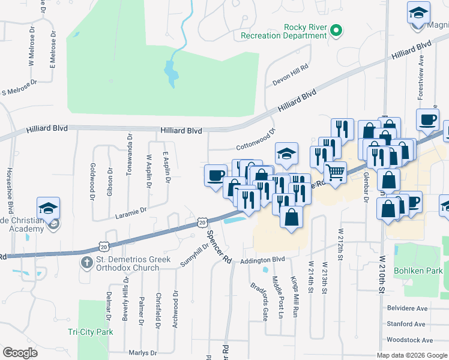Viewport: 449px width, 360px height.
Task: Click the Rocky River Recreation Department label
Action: coord(283,31)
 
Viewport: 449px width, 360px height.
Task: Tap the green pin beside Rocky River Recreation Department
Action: coord(336,30)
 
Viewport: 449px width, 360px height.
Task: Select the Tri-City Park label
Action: coord(90,332)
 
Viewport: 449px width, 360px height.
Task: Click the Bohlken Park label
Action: coord(417,271)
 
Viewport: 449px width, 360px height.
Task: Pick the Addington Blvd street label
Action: coord(262,260)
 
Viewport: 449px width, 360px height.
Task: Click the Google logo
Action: coord(20,353)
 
